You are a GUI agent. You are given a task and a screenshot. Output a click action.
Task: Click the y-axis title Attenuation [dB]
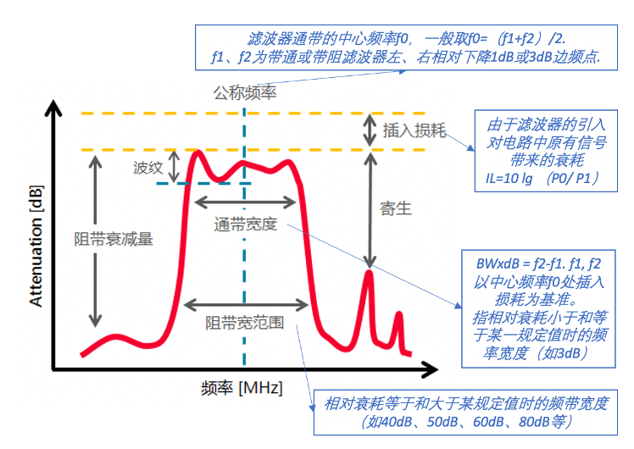click(36, 247)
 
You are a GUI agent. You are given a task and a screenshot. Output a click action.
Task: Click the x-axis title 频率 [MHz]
click(242, 388)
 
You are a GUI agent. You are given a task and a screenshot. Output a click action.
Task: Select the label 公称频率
click(245, 93)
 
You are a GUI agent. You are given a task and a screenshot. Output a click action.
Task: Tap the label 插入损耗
click(414, 130)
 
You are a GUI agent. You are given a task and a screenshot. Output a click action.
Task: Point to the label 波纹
click(148, 167)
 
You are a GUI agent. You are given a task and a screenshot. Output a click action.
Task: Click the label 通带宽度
click(246, 224)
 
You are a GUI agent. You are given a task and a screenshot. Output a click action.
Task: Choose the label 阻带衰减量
click(114, 239)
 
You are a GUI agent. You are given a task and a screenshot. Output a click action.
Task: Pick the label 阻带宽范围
click(245, 323)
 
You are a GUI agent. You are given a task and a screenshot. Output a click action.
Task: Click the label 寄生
click(396, 208)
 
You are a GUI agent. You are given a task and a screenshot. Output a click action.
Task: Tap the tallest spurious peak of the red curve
click(369, 272)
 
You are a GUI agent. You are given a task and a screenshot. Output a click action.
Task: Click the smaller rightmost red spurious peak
click(399, 313)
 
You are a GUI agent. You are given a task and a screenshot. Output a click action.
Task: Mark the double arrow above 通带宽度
click(246, 202)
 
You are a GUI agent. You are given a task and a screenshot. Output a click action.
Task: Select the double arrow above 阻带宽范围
click(246, 305)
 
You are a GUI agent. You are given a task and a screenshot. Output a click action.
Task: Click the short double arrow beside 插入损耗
click(370, 130)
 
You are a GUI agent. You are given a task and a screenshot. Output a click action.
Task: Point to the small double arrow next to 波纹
click(174, 167)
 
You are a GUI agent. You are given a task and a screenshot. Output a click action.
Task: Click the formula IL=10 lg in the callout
click(509, 178)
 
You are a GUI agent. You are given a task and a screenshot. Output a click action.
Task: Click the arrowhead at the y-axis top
click(53, 108)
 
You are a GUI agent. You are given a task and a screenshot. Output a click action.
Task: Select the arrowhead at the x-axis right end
click(430, 369)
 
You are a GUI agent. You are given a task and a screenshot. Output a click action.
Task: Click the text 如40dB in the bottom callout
click(391, 422)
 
